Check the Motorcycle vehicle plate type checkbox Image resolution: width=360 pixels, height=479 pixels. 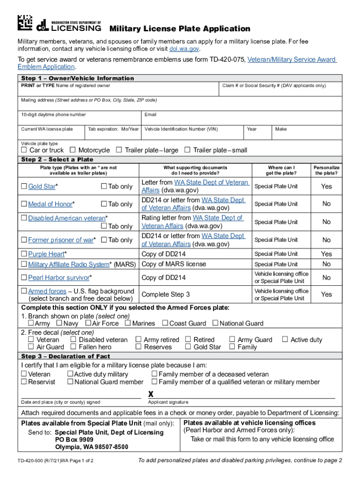tap(73, 150)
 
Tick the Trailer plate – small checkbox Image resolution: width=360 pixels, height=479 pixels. tap(187, 150)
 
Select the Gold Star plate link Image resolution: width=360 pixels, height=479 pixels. tap(42, 187)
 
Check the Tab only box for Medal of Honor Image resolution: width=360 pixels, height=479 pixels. tap(104, 204)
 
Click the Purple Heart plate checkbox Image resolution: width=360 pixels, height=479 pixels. tap(24, 254)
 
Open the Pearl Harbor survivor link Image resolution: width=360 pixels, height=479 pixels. tap(58, 278)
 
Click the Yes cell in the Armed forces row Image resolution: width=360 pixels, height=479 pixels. tap(326, 294)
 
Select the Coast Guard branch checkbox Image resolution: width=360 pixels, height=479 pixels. tap(165, 323)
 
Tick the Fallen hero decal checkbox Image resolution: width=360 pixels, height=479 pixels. tap(73, 347)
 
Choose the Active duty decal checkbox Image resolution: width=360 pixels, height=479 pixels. tap(285, 340)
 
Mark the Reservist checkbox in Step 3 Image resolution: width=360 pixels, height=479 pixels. tap(24, 382)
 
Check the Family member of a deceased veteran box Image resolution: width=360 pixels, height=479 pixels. tap(154, 374)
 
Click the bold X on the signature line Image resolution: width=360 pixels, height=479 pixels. tap(151, 394)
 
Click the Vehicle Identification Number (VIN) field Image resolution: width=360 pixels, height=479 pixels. tap(193, 133)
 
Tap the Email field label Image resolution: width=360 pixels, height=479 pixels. tap(151, 115)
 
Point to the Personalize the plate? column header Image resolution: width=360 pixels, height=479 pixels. tap(326, 170)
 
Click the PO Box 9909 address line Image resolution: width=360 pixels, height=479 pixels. tap(74, 440)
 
